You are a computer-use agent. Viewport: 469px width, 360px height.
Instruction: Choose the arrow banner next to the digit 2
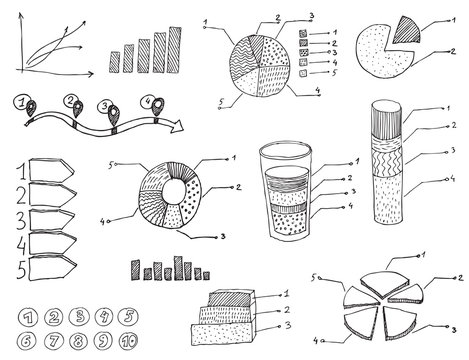(52, 195)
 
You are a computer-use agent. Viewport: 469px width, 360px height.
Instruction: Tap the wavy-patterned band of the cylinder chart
(386, 160)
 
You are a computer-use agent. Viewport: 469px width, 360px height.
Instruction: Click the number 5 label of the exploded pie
(316, 276)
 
